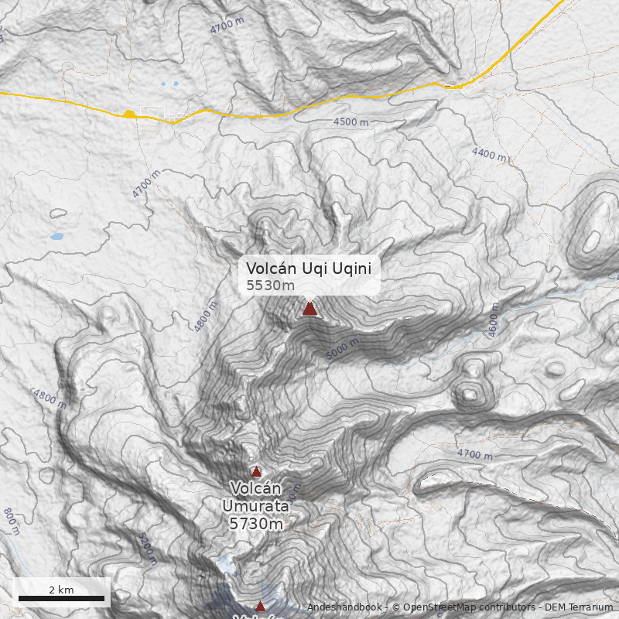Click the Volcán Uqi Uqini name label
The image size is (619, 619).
[309, 268]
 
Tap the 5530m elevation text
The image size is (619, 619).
[270, 286]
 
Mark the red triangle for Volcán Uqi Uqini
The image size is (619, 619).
[309, 309]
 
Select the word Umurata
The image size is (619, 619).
[255, 506]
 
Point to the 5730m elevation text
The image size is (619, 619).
[255, 524]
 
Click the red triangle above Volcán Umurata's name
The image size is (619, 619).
[256, 471]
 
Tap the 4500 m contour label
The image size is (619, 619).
[351, 122]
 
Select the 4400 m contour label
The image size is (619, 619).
[489, 155]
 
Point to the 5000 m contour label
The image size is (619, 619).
[342, 349]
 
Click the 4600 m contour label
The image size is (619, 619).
[494, 319]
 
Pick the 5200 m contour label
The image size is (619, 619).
[148, 547]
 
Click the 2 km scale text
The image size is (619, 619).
[61, 590]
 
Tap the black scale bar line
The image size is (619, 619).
[61, 598]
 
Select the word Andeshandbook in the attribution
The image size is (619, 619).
[344, 608]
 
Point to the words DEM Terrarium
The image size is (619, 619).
[579, 608]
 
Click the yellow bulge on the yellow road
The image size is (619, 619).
[129, 115]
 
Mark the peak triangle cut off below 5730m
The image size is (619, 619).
[260, 607]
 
